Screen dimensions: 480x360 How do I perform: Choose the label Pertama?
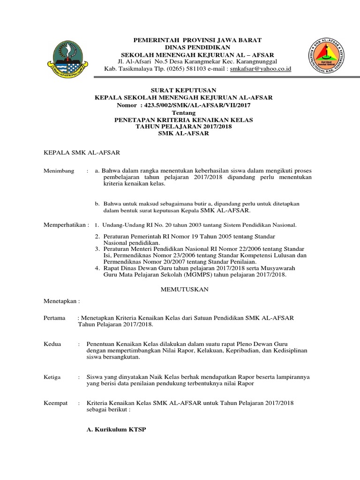click(x=54, y=318)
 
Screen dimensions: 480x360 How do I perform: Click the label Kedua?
click(x=52, y=344)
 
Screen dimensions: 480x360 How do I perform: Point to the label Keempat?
click(x=56, y=403)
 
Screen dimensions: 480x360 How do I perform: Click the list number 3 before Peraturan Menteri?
click(x=97, y=248)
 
